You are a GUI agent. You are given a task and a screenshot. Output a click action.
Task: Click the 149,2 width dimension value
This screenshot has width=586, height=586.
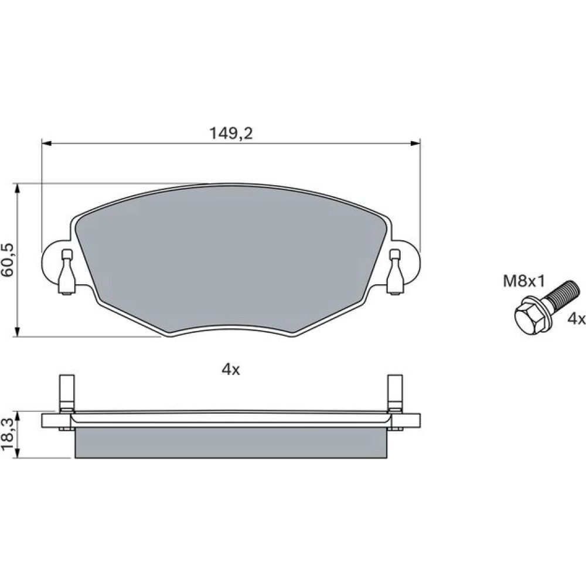pyautogui.click(x=231, y=133)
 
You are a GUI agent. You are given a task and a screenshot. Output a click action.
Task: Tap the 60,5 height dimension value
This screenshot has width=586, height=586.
pyautogui.click(x=8, y=260)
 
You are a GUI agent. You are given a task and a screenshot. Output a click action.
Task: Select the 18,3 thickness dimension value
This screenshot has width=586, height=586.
pyautogui.click(x=8, y=434)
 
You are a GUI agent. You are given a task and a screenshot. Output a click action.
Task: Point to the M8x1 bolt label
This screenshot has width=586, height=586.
pyautogui.click(x=524, y=281)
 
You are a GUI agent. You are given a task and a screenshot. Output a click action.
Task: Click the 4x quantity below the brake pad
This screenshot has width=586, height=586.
pyautogui.click(x=230, y=370)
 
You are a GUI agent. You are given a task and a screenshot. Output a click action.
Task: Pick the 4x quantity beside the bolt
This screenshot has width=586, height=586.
pyautogui.click(x=576, y=319)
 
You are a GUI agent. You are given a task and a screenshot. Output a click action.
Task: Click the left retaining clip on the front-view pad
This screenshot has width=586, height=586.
pyautogui.click(x=67, y=272)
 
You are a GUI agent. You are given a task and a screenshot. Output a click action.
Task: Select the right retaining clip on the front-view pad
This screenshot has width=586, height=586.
pyautogui.click(x=395, y=272)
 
